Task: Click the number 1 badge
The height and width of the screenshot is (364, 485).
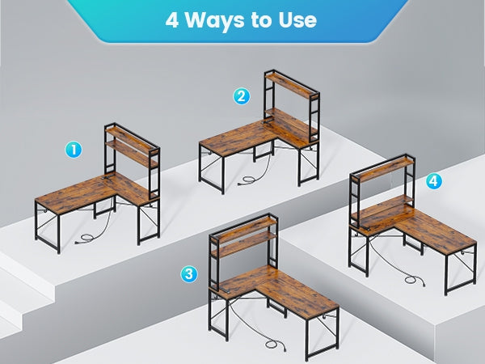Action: pos(74,150)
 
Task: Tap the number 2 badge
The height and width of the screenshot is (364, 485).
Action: pos(241,96)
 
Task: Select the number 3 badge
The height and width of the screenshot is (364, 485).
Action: pos(189,274)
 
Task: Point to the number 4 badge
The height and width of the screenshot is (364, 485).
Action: pos(434,181)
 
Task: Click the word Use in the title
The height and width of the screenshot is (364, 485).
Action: pos(297,20)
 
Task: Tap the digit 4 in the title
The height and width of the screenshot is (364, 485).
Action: pos(172,20)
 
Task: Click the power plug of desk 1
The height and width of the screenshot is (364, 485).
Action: pos(78,241)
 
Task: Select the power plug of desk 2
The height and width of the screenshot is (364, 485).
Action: pos(241,184)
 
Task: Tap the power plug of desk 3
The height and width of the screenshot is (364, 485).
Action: pos(283,349)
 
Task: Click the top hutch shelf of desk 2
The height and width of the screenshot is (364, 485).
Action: pos(292,85)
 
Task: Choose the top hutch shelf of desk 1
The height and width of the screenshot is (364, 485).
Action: pos(131,138)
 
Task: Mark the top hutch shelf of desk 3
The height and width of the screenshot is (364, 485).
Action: pos(244,228)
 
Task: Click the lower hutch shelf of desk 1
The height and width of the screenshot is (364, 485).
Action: pos(132,153)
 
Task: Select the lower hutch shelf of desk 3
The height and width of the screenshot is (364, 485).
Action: pos(244,244)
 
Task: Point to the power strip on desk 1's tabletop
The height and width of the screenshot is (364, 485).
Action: pos(108,178)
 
